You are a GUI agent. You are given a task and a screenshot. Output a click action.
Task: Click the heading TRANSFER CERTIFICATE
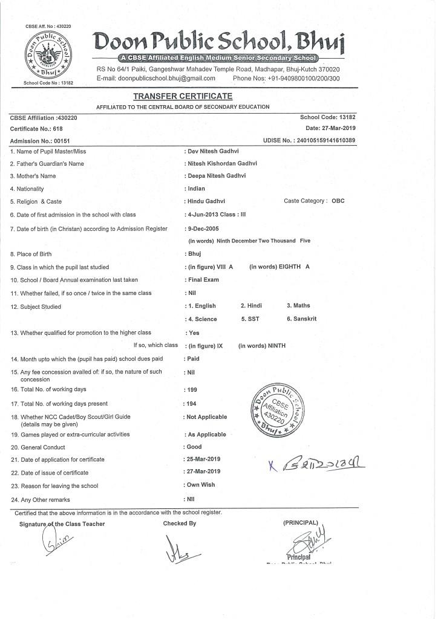182,96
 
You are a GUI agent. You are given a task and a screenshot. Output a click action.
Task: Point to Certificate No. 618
36,129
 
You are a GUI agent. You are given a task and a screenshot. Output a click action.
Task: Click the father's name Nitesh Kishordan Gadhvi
223,163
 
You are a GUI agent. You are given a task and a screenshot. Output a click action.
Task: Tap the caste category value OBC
338,201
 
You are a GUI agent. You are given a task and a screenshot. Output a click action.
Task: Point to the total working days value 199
192,390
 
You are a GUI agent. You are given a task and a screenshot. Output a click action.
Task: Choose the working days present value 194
191,403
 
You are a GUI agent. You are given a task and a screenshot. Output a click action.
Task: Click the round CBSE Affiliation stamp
278,409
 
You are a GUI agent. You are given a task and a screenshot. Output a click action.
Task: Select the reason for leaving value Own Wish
201,485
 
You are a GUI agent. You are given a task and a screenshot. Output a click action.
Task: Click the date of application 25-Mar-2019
204,459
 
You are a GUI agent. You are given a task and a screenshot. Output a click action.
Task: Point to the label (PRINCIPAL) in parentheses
300,522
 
